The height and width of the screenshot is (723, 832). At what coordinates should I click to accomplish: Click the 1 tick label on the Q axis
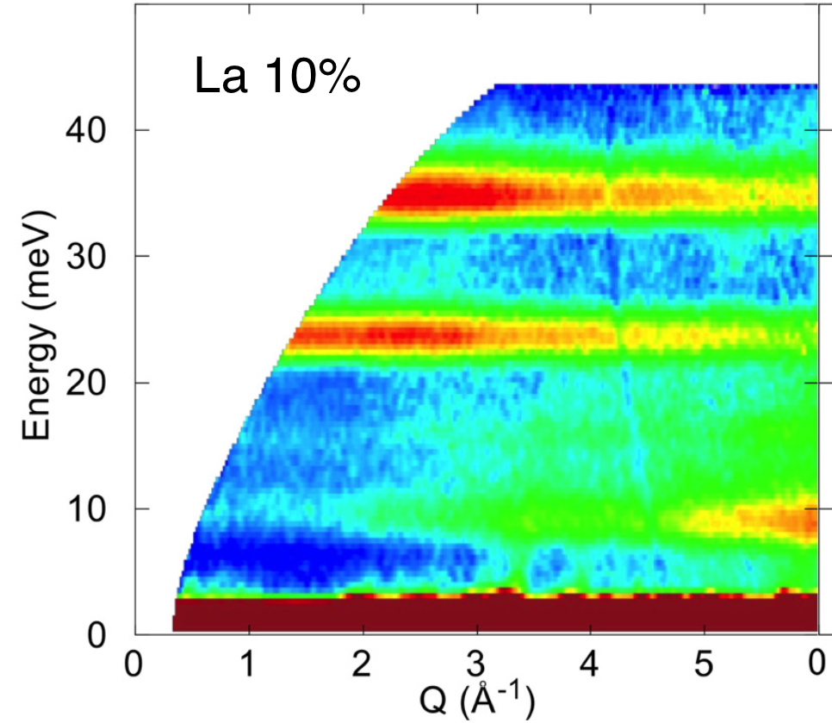point(249,666)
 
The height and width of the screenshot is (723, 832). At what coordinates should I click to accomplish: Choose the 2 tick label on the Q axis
point(362,666)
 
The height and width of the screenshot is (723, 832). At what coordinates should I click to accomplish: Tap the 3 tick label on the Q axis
point(475,666)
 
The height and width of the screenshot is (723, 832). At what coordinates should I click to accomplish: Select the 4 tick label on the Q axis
point(589,666)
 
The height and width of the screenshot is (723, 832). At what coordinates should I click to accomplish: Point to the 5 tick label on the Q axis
point(703,666)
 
